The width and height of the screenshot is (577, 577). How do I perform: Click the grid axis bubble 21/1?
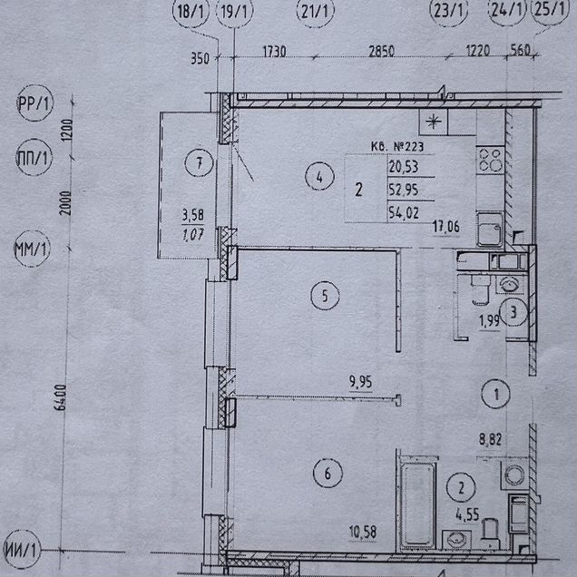pos(315,11)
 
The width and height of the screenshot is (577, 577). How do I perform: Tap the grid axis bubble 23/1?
pos(448,10)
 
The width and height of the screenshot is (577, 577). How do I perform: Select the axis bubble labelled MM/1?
pos(32,249)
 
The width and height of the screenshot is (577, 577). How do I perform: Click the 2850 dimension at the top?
pos(382,51)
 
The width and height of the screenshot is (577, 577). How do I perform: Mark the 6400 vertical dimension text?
pos(61,397)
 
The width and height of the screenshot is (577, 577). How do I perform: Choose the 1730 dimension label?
pos(275,52)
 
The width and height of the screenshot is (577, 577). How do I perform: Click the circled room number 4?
pos(319,176)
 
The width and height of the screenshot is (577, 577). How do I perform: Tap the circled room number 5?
pos(325,296)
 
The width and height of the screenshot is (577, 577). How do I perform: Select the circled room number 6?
pos(328,474)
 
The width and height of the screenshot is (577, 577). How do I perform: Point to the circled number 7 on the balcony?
pos(199,162)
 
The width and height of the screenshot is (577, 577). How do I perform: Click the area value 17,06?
pos(446,227)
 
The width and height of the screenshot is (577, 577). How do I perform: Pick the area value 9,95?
pos(361,382)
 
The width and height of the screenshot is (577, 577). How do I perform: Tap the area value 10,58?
pos(363,533)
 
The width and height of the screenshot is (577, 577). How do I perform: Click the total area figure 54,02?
pos(404,212)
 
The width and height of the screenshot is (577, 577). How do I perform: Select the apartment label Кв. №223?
pos(397,146)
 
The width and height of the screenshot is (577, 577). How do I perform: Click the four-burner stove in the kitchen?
pos(490,161)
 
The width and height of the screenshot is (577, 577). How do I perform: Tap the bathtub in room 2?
pos(417,504)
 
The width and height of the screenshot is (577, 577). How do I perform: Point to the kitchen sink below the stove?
pos(489,230)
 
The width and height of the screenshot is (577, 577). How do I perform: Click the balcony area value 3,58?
pos(193,215)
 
